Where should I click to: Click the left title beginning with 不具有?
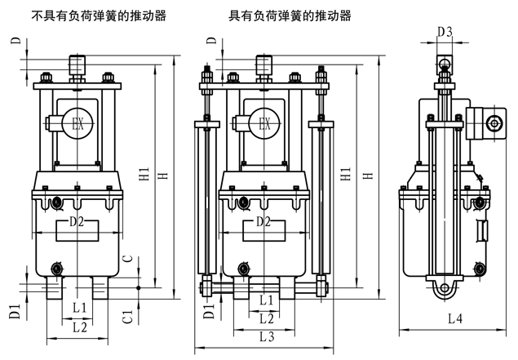click(98, 16)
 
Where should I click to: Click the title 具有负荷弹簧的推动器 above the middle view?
click(290, 16)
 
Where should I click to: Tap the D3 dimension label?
click(445, 32)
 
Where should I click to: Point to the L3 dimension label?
click(267, 335)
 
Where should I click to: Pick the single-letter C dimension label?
click(128, 259)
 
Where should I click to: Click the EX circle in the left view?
click(78, 125)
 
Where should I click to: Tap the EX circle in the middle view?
click(265, 125)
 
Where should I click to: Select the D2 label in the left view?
click(77, 221)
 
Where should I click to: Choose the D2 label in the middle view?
click(263, 221)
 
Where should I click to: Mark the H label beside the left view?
click(162, 176)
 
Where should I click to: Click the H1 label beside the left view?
click(143, 176)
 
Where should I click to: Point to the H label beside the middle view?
click(369, 176)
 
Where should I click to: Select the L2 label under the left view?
click(79, 327)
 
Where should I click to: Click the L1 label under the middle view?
click(266, 300)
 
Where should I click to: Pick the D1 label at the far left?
click(15, 310)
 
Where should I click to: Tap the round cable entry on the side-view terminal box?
click(494, 123)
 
